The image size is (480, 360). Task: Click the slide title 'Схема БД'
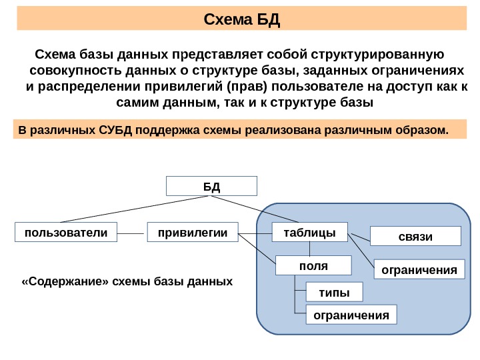[242, 19]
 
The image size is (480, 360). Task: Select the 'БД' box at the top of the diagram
[211, 185]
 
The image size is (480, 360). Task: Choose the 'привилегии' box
[193, 232]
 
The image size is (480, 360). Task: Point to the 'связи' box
[415, 237]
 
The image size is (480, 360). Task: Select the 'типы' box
[334, 292]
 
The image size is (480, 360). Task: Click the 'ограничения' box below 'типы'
[351, 314]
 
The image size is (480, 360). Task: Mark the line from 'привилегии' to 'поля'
[257, 247]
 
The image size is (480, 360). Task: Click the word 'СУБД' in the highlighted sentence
[115, 129]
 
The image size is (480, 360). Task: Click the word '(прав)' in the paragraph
[245, 87]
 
